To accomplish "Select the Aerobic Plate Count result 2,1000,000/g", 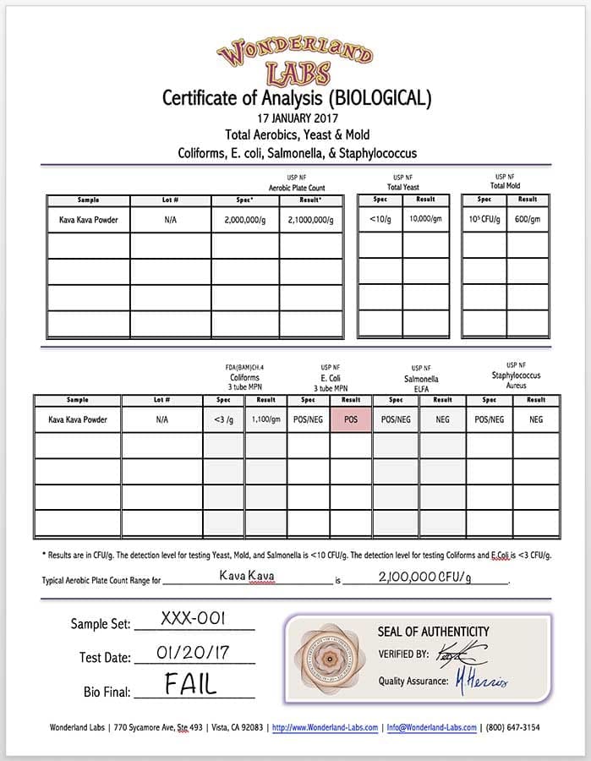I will click(x=311, y=220).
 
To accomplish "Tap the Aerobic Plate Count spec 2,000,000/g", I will click(x=245, y=220).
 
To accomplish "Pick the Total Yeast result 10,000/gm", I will click(x=425, y=219).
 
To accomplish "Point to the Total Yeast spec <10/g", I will click(x=380, y=219).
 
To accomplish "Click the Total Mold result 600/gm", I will click(x=528, y=219).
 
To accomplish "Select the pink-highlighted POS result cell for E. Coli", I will click(x=350, y=419).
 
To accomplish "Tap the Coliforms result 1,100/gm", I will click(x=266, y=419).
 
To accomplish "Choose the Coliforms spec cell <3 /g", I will click(x=223, y=419).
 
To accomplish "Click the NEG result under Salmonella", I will click(x=442, y=419).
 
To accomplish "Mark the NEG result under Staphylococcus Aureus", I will click(x=536, y=419).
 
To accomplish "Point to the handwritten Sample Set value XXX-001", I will click(x=193, y=619).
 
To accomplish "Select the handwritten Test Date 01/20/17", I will click(x=194, y=653).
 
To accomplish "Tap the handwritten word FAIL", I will click(x=190, y=684).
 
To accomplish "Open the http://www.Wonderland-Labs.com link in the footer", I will click(x=324, y=727).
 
